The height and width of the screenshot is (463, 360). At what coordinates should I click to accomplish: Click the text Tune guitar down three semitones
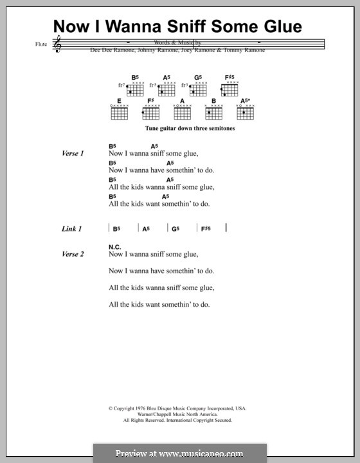point(182,129)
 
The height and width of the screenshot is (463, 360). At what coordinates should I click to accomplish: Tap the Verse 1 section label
point(73,154)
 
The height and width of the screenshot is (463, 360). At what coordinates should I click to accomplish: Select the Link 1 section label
point(71,229)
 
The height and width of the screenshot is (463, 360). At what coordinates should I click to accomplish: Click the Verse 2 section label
point(73,254)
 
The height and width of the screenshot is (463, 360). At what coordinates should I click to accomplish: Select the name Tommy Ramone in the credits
point(248,51)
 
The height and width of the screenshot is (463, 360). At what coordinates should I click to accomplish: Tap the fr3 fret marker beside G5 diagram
point(185,85)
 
